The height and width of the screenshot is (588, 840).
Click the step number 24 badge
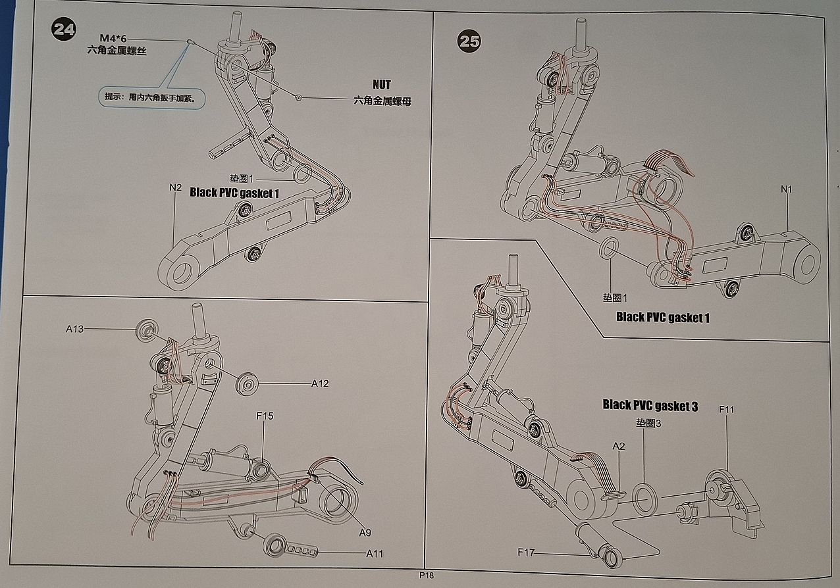tap(63, 31)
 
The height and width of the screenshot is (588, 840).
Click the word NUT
tap(381, 85)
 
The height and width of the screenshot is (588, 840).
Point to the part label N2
tap(174, 187)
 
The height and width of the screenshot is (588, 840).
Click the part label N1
tap(786, 189)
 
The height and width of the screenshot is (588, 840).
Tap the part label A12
tap(320, 383)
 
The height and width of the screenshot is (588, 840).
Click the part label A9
tap(365, 532)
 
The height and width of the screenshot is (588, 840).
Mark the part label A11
tap(374, 554)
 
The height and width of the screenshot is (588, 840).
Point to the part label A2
tap(618, 446)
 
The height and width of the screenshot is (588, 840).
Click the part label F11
tap(727, 410)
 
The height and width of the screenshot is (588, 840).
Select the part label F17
tap(527, 552)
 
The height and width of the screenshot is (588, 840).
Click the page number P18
tap(427, 575)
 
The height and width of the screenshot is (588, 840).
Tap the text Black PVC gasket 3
tap(650, 406)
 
